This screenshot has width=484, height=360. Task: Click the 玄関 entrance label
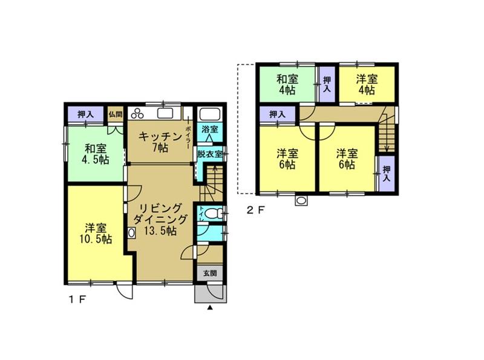tap(209, 273)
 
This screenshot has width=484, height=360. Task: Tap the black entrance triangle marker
tap(210, 307)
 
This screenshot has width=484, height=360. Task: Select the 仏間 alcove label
tap(115, 114)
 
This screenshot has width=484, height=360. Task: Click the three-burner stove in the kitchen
tap(137, 113)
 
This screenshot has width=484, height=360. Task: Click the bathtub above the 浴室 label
tap(209, 114)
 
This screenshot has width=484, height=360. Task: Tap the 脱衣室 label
tap(209, 154)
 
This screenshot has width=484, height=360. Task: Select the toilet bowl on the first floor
tap(212, 213)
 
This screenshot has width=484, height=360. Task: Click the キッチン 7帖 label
tap(160, 142)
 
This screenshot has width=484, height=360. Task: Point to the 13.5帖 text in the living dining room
tap(160, 231)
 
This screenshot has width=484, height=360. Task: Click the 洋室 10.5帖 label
tap(96, 234)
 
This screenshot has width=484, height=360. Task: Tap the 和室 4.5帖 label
tap(96, 154)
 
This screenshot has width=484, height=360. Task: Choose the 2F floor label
tap(255, 211)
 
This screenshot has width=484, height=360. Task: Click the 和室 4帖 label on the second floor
tap(287, 84)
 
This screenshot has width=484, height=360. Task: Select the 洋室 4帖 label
tap(367, 84)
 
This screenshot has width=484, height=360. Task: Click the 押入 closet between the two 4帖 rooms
tap(327, 84)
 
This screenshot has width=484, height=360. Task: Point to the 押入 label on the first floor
tap(85, 115)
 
